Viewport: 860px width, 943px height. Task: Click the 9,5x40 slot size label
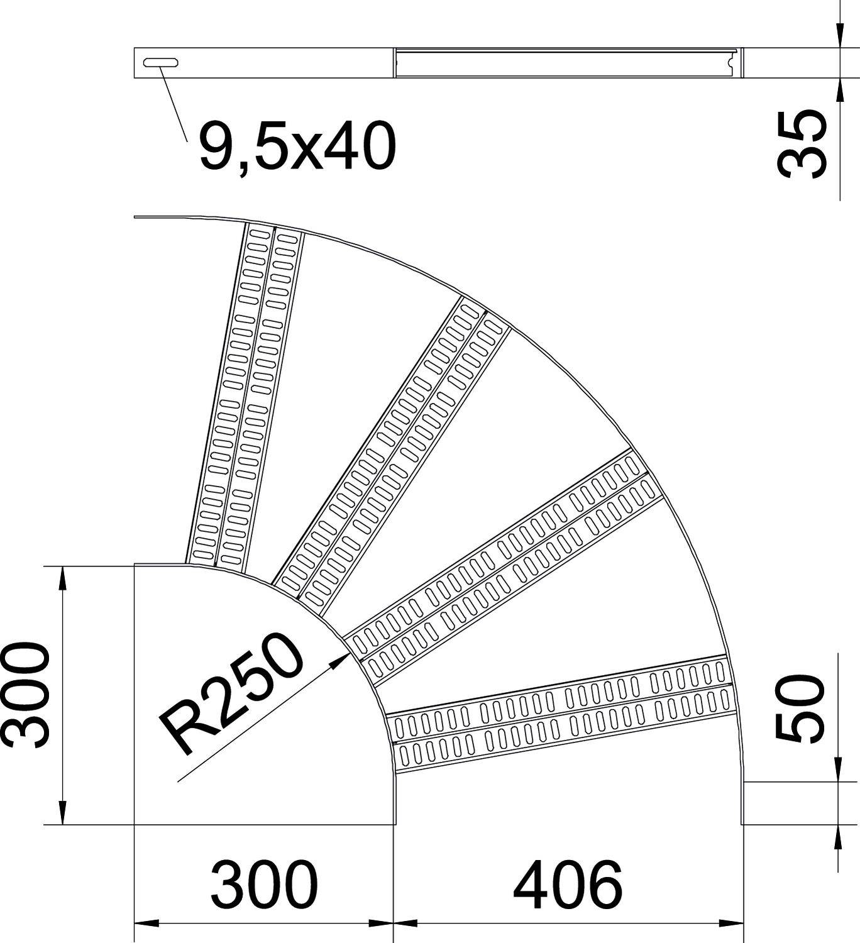tap(297, 147)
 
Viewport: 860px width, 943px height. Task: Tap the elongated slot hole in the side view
tap(161, 62)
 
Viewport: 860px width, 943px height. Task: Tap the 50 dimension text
tap(800, 708)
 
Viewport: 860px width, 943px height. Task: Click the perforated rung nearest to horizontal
tap(561, 714)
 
